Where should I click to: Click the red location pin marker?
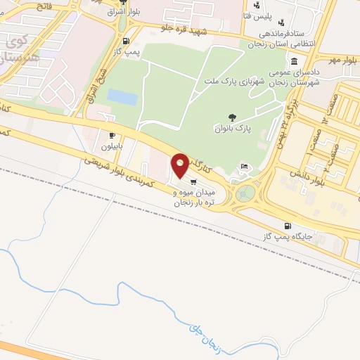click(180, 165)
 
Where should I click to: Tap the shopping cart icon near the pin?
click(193, 181)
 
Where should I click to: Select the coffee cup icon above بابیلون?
click(112, 134)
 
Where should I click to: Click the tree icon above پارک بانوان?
click(233, 117)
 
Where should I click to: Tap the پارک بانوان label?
click(233, 129)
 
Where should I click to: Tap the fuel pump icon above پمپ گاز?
click(127, 41)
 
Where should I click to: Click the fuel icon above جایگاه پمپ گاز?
click(286, 226)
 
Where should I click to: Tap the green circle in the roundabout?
click(245, 193)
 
